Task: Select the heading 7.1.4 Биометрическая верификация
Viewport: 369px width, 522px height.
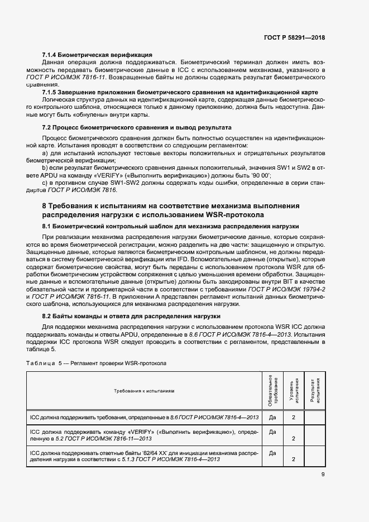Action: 97,55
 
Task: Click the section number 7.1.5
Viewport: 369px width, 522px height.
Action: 52,92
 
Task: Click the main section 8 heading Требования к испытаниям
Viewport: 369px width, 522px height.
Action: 171,206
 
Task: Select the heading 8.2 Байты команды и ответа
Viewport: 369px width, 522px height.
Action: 131,316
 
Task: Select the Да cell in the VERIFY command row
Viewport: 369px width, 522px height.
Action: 272,432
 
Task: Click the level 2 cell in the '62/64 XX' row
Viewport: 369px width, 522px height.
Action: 294,459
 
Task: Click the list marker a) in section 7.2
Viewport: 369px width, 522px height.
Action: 45,152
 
